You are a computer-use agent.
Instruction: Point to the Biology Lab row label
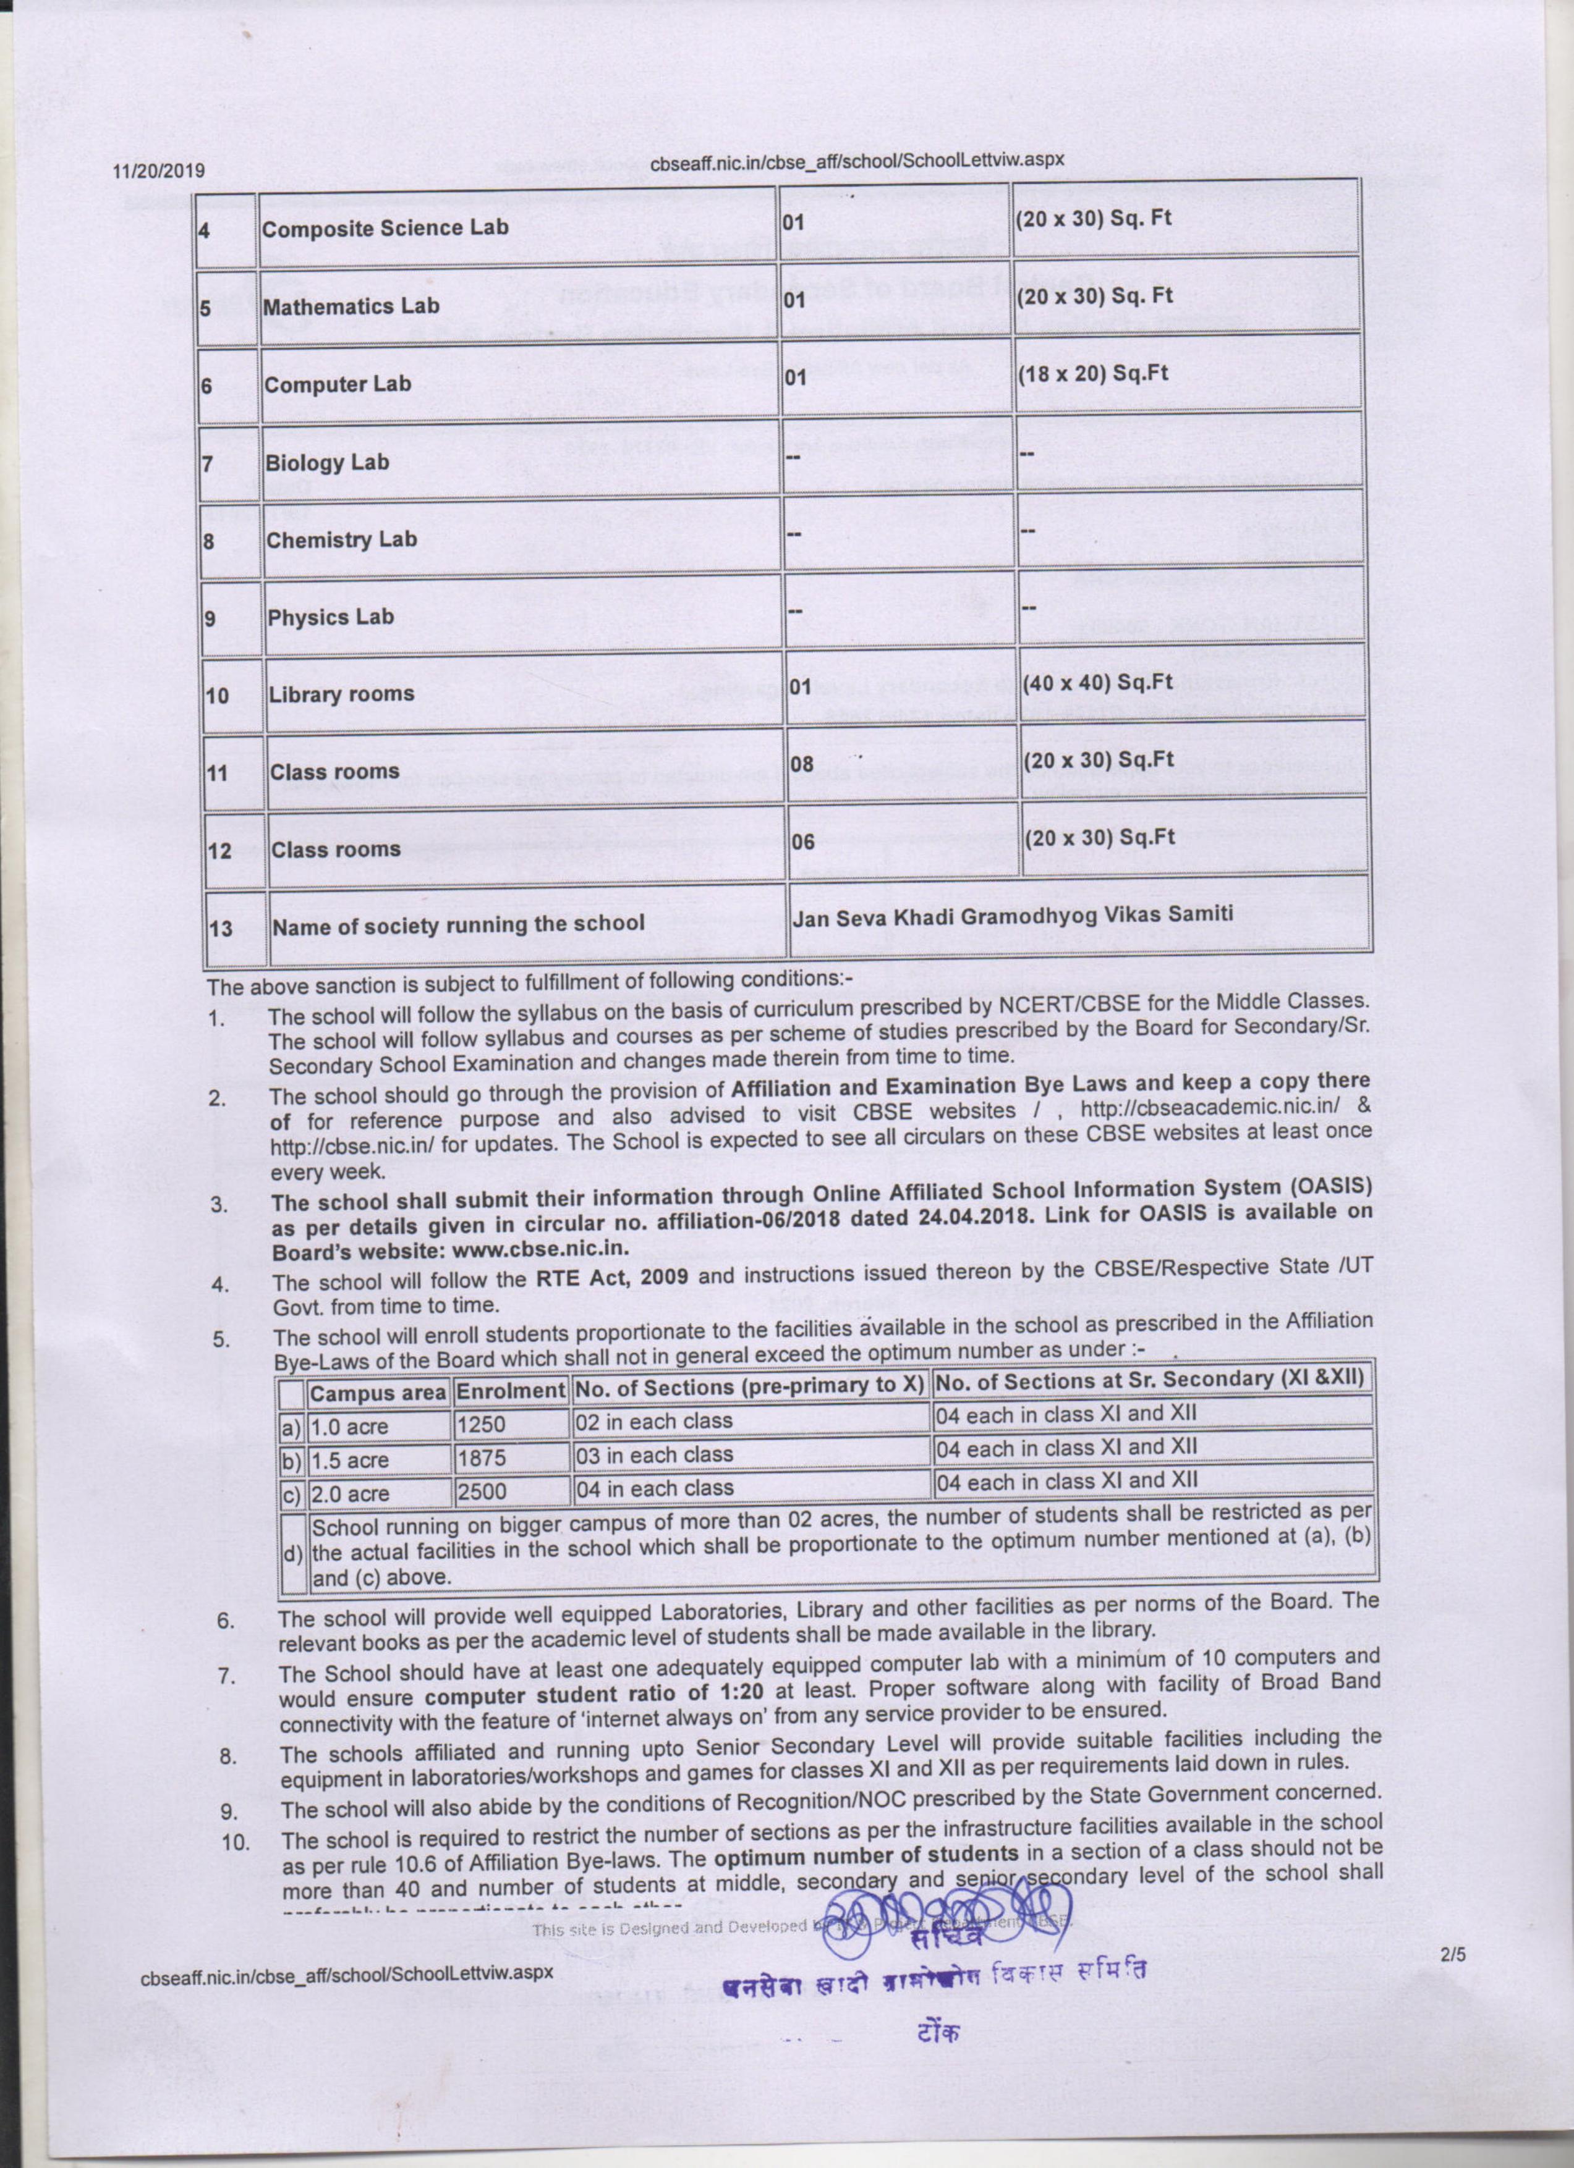327,463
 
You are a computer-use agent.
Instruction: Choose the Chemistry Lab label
341,540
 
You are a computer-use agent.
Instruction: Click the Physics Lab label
330,617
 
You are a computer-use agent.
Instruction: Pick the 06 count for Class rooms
802,842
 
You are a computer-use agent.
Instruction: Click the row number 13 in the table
221,928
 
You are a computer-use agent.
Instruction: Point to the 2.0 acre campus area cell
349,1493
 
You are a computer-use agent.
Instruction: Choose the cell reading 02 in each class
654,1422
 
